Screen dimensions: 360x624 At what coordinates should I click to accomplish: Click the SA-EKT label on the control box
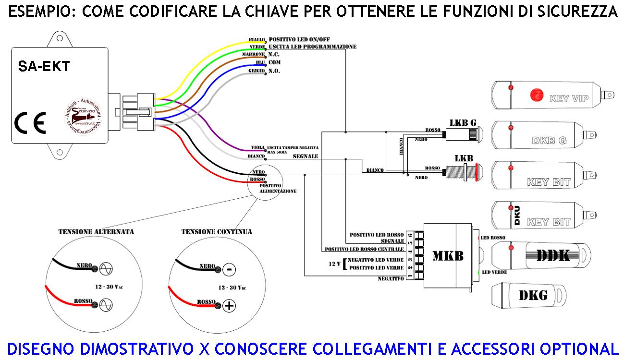pyautogui.click(x=44, y=67)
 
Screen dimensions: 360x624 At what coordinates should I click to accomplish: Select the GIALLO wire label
pyautogui.click(x=257, y=39)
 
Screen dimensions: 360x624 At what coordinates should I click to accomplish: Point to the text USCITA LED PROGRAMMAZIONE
pyautogui.click(x=312, y=47)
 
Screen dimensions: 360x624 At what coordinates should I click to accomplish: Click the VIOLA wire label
pyautogui.click(x=258, y=147)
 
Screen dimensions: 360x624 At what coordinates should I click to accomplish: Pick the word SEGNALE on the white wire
pyautogui.click(x=306, y=156)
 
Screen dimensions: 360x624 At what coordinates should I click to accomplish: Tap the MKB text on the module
pyautogui.click(x=448, y=256)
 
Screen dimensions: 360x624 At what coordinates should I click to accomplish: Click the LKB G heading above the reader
pyautogui.click(x=463, y=122)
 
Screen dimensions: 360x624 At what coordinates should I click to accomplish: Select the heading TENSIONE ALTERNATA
pyautogui.click(x=96, y=232)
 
